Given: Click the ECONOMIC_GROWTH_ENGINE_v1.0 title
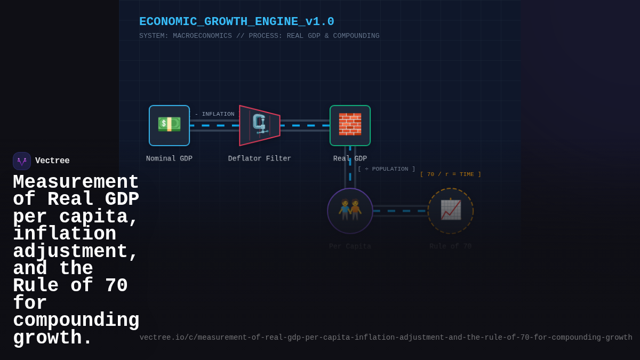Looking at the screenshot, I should [236, 22].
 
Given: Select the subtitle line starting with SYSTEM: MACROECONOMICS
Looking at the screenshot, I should [259, 36].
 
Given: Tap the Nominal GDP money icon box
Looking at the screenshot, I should [169, 125].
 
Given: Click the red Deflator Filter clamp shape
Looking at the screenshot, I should [260, 125].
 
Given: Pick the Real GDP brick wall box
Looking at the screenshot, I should [350, 125].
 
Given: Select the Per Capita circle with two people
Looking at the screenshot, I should [350, 211].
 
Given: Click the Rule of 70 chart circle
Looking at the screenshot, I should [450, 211].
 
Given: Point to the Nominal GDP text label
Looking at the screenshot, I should [169, 158].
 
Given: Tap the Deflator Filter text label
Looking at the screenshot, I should [260, 158].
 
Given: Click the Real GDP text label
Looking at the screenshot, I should [350, 158].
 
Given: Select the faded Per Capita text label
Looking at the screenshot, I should [350, 246].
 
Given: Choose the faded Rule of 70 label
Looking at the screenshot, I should [450, 246].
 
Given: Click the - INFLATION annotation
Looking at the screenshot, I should [214, 114].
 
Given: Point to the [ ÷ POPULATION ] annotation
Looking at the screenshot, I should [386, 169].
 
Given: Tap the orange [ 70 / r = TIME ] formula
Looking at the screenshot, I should [450, 174].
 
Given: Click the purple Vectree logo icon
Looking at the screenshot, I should [22, 161].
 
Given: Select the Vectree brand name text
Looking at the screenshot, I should [52, 161].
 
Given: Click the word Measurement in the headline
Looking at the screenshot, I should [76, 182].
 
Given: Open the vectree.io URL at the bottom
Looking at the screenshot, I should [386, 338].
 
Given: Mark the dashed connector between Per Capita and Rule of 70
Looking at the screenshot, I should [400, 211].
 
